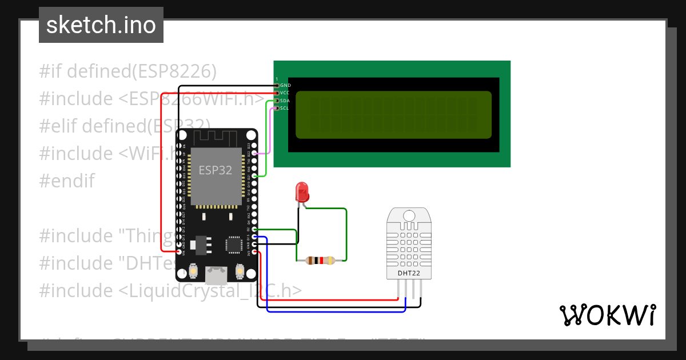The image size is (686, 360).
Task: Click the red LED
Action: pos(301,191)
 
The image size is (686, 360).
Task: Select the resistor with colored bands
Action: pos(320,261)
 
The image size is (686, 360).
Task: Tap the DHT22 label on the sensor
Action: pos(409,273)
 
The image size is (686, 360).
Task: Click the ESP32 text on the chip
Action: pos(215,170)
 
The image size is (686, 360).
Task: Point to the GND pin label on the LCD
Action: pos(285,85)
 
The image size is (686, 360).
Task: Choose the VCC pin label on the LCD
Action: pos(285,93)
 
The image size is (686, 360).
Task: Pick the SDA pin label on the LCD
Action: pos(285,100)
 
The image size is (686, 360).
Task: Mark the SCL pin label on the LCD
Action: pos(285,107)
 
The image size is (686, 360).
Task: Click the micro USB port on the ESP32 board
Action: pos(216,275)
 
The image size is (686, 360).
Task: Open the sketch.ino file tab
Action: pos(101,25)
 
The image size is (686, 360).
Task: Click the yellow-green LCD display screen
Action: pos(393,114)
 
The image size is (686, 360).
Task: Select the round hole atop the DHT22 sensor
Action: pos(409,215)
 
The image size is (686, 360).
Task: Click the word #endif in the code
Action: pos(66,181)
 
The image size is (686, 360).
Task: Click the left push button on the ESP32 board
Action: pos(193,270)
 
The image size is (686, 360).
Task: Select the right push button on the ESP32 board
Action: pos(240,270)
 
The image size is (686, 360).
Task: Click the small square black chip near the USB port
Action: pos(234,244)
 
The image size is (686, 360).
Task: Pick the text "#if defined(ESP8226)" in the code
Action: pos(128,71)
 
